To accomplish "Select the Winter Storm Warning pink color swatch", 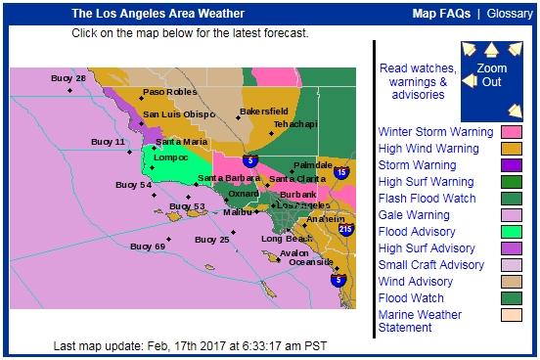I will pyautogui.click(x=512, y=131).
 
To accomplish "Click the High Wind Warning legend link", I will pyautogui.click(x=428, y=148).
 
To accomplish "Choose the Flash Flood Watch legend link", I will pyautogui.click(x=427, y=199).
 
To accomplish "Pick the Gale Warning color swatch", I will pyautogui.click(x=512, y=215).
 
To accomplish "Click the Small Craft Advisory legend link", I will pyautogui.click(x=430, y=265).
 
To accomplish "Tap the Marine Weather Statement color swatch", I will pyautogui.click(x=512, y=315).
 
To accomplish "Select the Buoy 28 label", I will pyautogui.click(x=68, y=78).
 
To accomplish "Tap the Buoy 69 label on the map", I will pyautogui.click(x=147, y=247).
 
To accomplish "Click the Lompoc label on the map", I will pyautogui.click(x=170, y=157).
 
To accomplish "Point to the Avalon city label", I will pyautogui.click(x=294, y=252).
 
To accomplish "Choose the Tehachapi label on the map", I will pyautogui.click(x=294, y=124).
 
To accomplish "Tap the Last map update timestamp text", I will pyautogui.click(x=190, y=346).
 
